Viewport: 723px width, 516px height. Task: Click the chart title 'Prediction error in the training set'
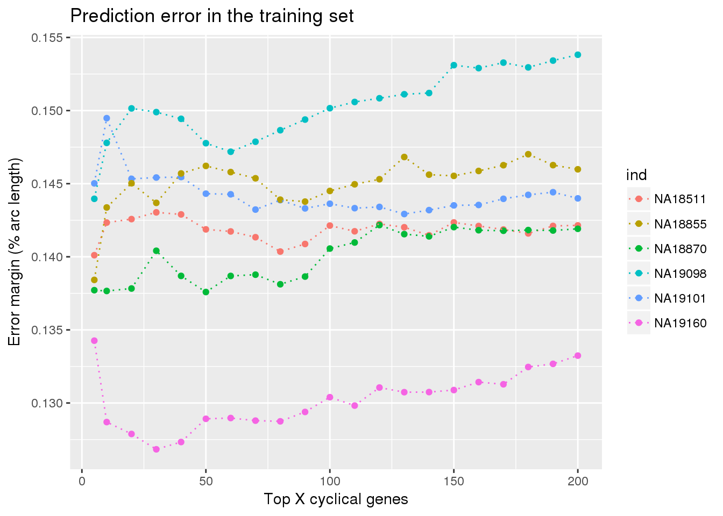(x=212, y=16)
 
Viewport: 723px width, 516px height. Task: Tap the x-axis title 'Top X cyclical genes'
(x=336, y=499)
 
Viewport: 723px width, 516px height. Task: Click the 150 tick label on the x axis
(x=453, y=482)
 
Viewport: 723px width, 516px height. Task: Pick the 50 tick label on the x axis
(x=205, y=482)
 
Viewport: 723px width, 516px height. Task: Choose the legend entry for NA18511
(x=667, y=199)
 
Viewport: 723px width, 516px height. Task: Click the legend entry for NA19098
(x=667, y=274)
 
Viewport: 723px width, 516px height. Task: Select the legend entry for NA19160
(x=667, y=323)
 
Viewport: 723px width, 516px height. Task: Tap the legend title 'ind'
(x=636, y=175)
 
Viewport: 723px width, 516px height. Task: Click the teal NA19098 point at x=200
(x=578, y=55)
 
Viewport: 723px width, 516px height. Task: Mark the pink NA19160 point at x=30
(x=156, y=449)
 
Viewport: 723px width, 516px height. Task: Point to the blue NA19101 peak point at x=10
(x=107, y=118)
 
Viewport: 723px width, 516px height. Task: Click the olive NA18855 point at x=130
(x=404, y=157)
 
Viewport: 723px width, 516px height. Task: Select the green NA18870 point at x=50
(x=205, y=292)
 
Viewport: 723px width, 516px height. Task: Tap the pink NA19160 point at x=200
(x=578, y=356)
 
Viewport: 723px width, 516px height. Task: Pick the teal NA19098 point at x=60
(x=231, y=152)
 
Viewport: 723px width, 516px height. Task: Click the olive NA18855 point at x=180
(x=528, y=154)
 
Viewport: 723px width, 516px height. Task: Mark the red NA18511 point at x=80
(x=280, y=252)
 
